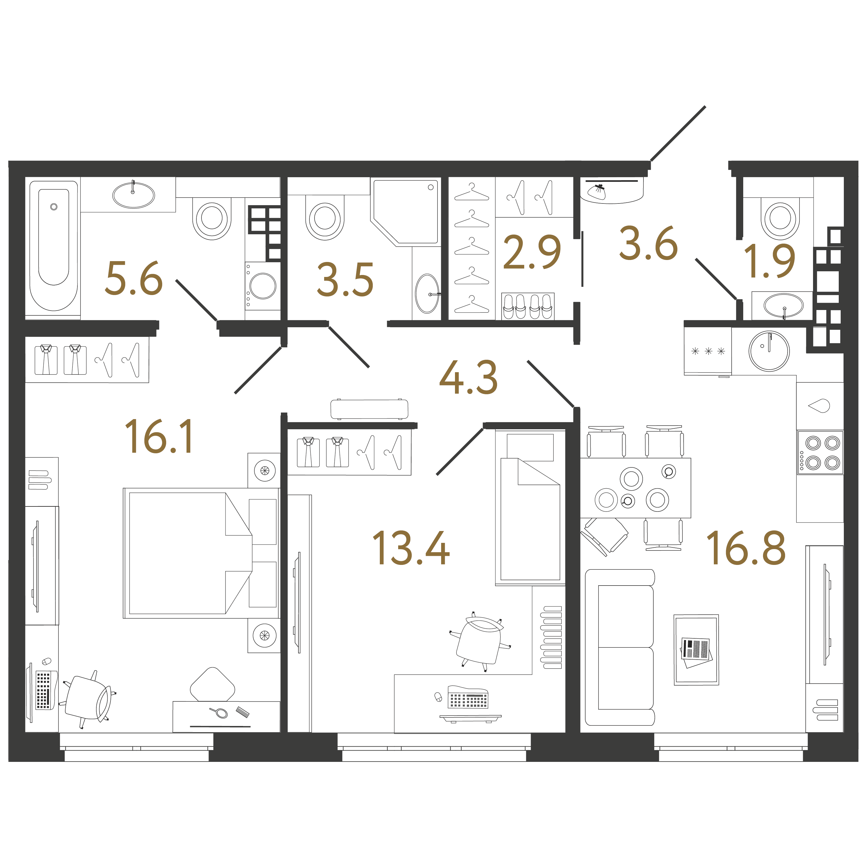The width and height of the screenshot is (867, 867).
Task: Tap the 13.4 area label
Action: pyautogui.click(x=411, y=547)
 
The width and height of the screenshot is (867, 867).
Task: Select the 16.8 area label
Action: pyautogui.click(x=746, y=547)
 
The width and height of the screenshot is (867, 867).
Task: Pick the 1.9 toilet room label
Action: pyautogui.click(x=769, y=261)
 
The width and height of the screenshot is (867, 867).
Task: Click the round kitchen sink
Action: pyautogui.click(x=769, y=351)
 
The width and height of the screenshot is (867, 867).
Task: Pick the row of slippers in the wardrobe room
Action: pyautogui.click(x=527, y=306)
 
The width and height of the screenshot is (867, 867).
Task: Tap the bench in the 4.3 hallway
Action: pyautogui.click(x=369, y=409)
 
